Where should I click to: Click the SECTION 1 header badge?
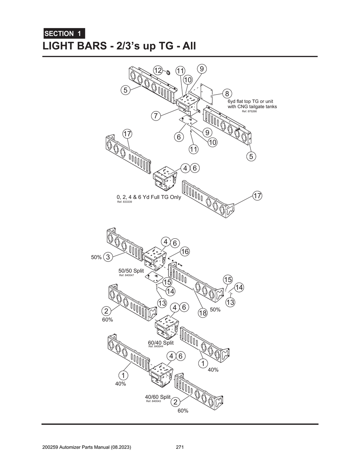[x=64, y=34]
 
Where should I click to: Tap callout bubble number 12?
[x=158, y=70]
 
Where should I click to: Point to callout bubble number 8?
[x=227, y=93]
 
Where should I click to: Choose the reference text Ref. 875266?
[x=249, y=111]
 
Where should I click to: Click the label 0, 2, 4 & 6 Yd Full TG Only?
[x=149, y=197]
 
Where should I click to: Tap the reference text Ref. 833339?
[x=124, y=202]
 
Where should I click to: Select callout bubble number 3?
[x=108, y=257]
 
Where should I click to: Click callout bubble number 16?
[x=185, y=251]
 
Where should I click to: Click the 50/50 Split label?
[x=131, y=271]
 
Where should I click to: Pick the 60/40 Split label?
[x=161, y=343]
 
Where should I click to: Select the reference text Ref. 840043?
[x=153, y=401]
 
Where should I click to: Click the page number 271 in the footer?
[x=180, y=447]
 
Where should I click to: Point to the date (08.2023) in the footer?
[x=121, y=447]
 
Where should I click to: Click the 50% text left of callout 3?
[x=96, y=257]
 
